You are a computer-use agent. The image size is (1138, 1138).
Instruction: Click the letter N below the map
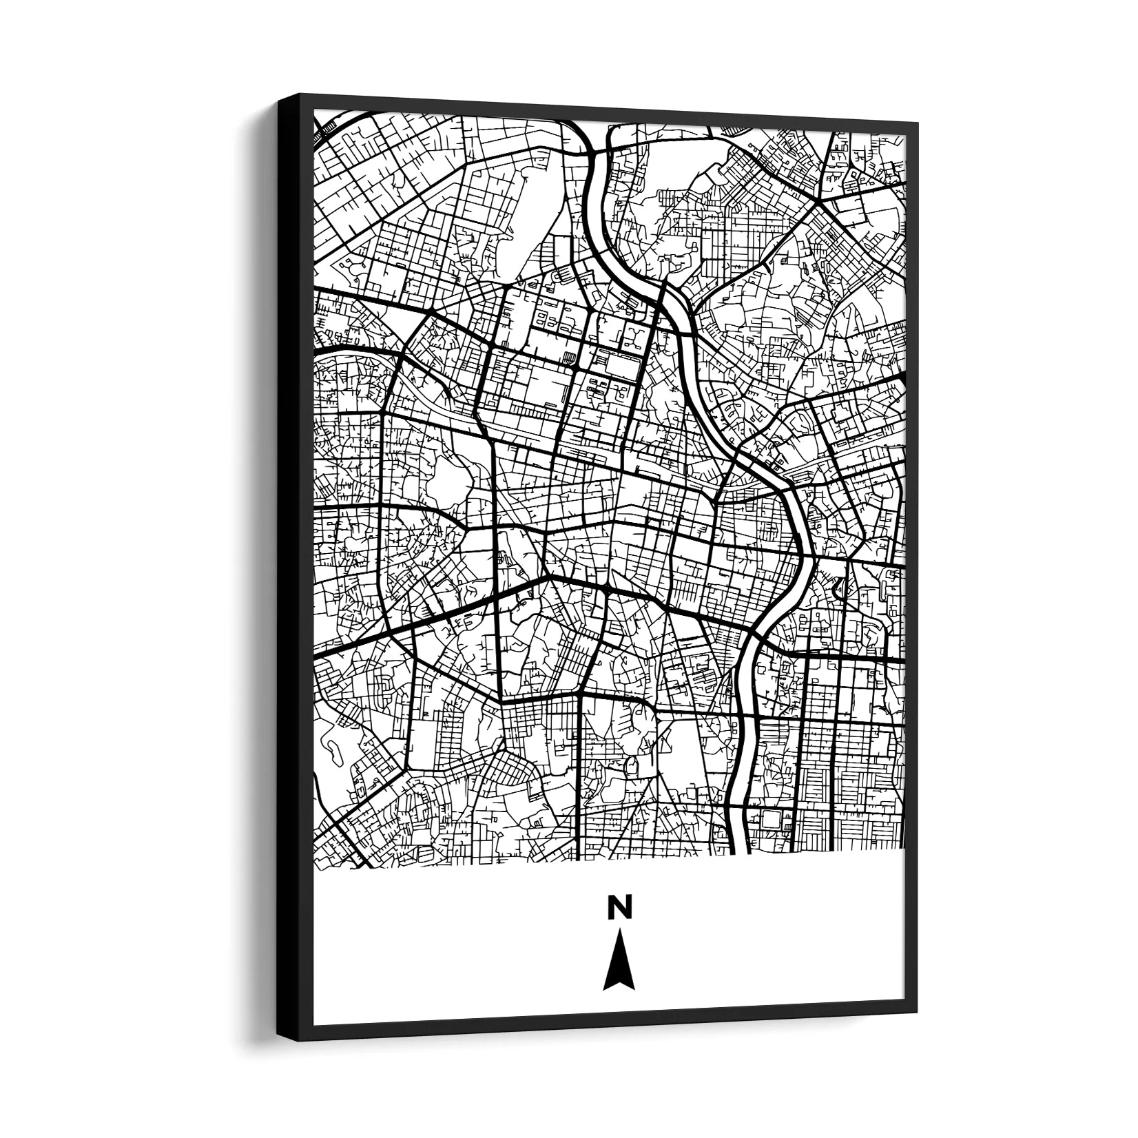click(x=619, y=907)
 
